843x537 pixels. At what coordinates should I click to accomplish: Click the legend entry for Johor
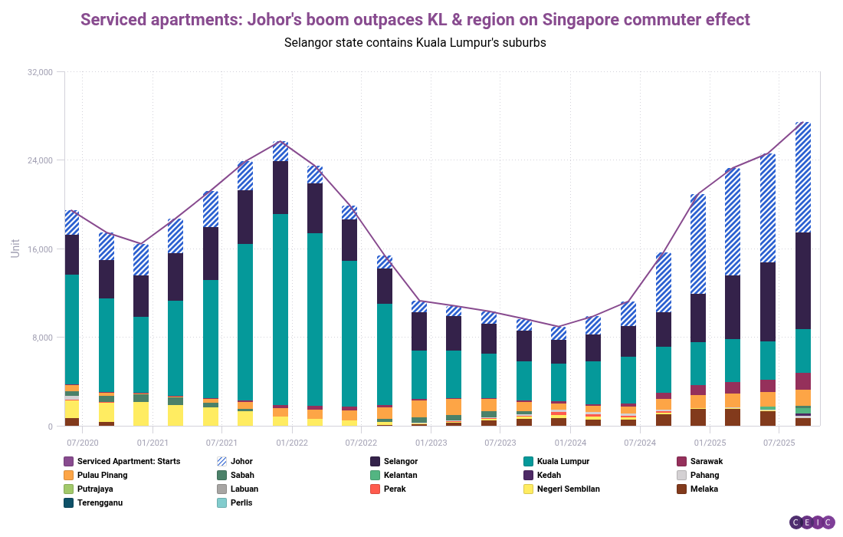(241, 461)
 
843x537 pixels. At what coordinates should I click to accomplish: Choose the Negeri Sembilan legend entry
(568, 489)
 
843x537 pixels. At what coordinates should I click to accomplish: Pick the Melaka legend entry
(704, 489)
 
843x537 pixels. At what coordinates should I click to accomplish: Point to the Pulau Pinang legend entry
(102, 475)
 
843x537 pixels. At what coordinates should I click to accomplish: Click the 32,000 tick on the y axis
(40, 72)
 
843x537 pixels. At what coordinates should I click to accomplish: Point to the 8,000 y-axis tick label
(42, 338)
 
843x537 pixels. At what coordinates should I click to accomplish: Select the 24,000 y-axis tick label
(40, 160)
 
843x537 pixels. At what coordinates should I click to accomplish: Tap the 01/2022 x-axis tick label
(291, 443)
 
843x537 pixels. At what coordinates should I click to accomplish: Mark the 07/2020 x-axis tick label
(82, 443)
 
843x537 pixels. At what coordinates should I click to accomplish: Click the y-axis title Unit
(15, 248)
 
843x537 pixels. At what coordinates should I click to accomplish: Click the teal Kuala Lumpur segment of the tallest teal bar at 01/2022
(280, 307)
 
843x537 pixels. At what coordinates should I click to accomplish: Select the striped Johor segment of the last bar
(802, 176)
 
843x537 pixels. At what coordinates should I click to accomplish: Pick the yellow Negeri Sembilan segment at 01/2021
(141, 414)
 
